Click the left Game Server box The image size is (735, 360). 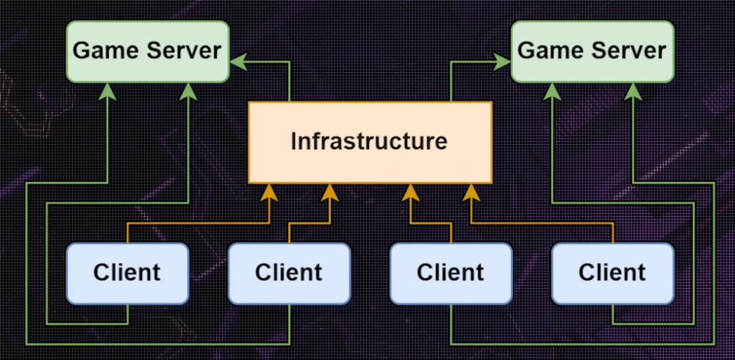(x=147, y=51)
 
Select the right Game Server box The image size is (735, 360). (x=592, y=51)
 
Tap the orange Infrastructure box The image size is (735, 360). (x=370, y=142)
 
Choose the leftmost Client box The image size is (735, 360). (x=127, y=273)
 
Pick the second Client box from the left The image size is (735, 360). (x=289, y=273)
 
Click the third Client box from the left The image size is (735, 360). (x=451, y=273)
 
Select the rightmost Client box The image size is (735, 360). (x=612, y=273)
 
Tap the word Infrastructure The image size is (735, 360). (x=370, y=141)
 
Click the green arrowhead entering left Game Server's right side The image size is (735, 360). (x=237, y=62)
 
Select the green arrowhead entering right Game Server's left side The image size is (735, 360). (x=503, y=62)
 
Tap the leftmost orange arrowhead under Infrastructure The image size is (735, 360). (x=269, y=192)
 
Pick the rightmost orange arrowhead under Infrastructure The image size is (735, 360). (x=471, y=192)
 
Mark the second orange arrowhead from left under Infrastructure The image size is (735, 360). (x=329, y=192)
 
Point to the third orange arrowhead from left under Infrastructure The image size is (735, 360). (x=410, y=192)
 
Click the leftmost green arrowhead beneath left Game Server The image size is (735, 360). (x=108, y=90)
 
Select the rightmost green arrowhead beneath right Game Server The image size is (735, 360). (x=633, y=90)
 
